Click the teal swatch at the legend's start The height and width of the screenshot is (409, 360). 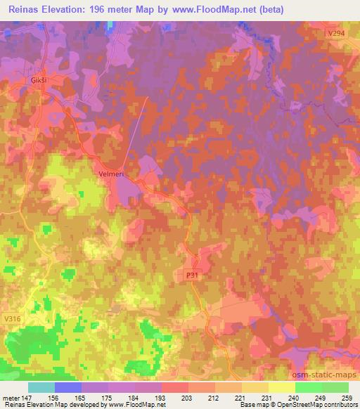point(41,387)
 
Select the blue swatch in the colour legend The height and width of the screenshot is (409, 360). point(68,387)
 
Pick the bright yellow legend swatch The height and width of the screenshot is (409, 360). point(281,387)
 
